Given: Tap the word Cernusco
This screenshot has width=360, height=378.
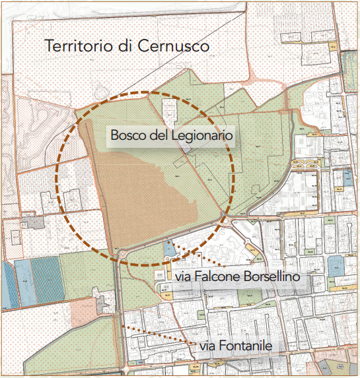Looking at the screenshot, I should point(175,46).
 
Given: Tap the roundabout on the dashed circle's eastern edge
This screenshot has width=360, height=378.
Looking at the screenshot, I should point(229,220).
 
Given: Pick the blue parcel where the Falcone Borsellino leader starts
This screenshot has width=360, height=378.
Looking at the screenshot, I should point(169,249).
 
